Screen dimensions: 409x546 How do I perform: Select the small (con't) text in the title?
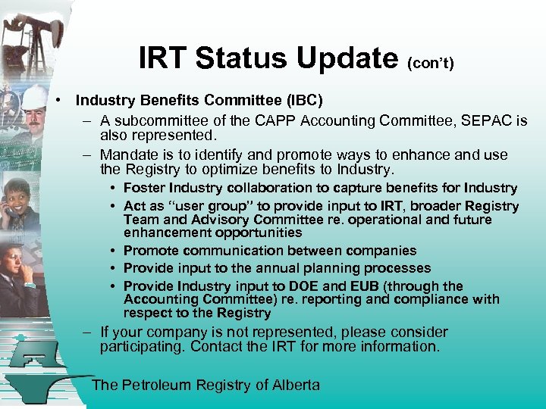click(x=431, y=64)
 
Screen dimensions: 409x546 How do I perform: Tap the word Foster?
click(x=143, y=188)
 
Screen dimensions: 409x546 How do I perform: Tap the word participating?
click(x=143, y=348)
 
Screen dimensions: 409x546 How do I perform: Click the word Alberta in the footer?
click(x=294, y=385)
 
